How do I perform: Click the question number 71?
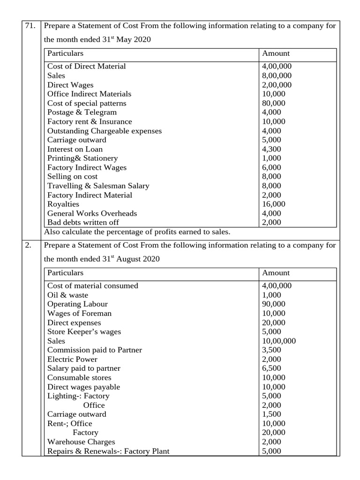point(30,26)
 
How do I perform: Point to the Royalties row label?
point(63,204)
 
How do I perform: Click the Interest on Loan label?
point(75,149)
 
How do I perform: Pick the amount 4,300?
point(272,149)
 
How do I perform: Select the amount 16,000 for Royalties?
point(274,204)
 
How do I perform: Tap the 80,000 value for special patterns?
point(274,103)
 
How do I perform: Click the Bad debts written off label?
point(83,223)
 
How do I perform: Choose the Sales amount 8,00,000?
point(277,75)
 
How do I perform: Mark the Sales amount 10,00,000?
point(279,341)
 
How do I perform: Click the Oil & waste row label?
point(67,295)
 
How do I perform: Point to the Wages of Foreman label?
point(79,314)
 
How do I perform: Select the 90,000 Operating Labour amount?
point(274,304)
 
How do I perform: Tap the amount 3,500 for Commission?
point(272,350)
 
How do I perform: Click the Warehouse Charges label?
point(81,442)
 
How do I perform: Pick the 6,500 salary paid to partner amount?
point(272,368)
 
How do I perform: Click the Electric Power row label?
point(72,360)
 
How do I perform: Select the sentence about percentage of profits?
point(137,232)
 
